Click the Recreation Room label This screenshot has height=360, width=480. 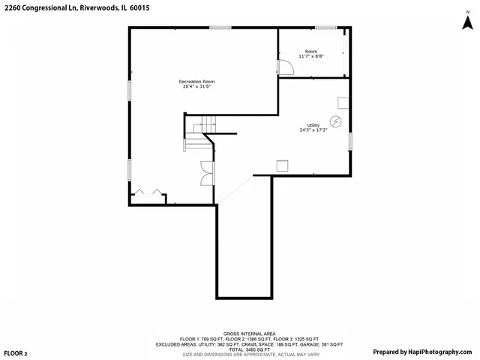(x=197, y=81)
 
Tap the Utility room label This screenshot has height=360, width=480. (x=313, y=124)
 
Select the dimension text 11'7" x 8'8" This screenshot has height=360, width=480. (x=310, y=56)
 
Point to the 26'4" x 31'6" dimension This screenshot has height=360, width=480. (x=197, y=86)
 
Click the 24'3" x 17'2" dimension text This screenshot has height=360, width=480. (x=313, y=130)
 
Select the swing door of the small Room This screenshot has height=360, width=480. (x=286, y=68)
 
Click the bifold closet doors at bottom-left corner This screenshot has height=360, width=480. (x=147, y=193)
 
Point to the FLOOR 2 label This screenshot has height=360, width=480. (x=16, y=352)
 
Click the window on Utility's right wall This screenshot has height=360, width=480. (x=350, y=140)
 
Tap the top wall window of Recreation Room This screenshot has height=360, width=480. (x=220, y=28)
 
